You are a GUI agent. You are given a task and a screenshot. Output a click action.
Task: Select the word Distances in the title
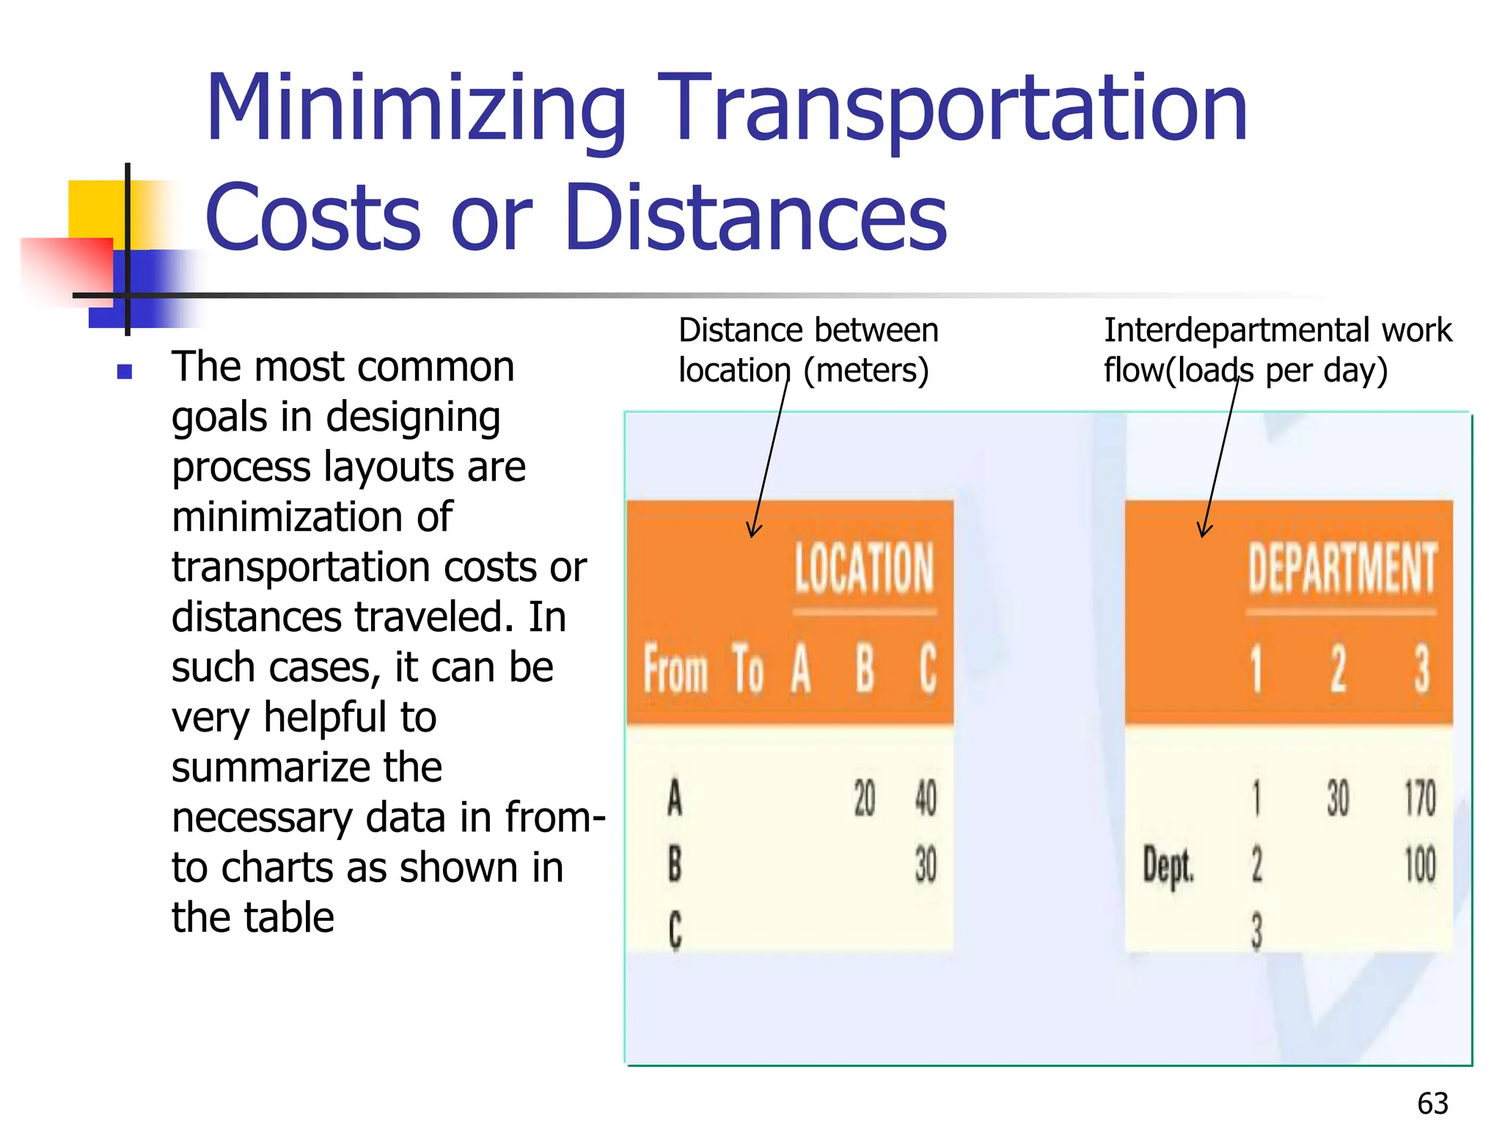pos(755,218)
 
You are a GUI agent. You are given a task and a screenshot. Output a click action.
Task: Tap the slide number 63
pos(1432,1104)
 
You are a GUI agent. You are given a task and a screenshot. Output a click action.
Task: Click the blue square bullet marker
pos(125,372)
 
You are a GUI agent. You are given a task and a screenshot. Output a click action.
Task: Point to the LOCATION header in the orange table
pos(864,568)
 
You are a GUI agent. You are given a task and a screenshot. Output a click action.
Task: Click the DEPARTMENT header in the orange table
pos(1341,568)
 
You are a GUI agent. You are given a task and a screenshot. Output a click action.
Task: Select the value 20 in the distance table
pos(865,798)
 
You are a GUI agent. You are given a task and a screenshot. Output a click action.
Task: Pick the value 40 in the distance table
pos(926,798)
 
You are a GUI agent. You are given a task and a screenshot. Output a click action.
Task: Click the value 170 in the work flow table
pos(1420,798)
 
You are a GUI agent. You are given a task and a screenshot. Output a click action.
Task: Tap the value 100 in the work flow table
pos(1420,864)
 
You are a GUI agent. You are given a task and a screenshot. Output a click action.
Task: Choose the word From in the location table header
pos(675,669)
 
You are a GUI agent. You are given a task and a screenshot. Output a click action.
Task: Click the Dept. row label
pos(1168,866)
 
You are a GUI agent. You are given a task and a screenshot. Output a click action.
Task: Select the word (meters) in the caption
pos(866,371)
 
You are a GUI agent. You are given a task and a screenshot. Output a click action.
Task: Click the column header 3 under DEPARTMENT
pos(1421,669)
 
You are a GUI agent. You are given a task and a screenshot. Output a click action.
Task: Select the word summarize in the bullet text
pos(307,767)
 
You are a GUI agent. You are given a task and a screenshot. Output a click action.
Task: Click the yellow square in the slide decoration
pos(92,209)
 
